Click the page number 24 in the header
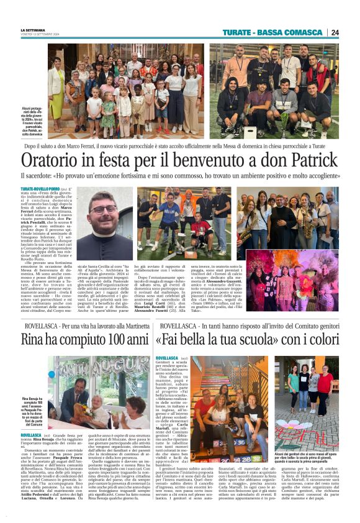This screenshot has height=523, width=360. [x=335, y=32]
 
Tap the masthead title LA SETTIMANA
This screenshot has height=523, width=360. [x=32, y=30]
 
